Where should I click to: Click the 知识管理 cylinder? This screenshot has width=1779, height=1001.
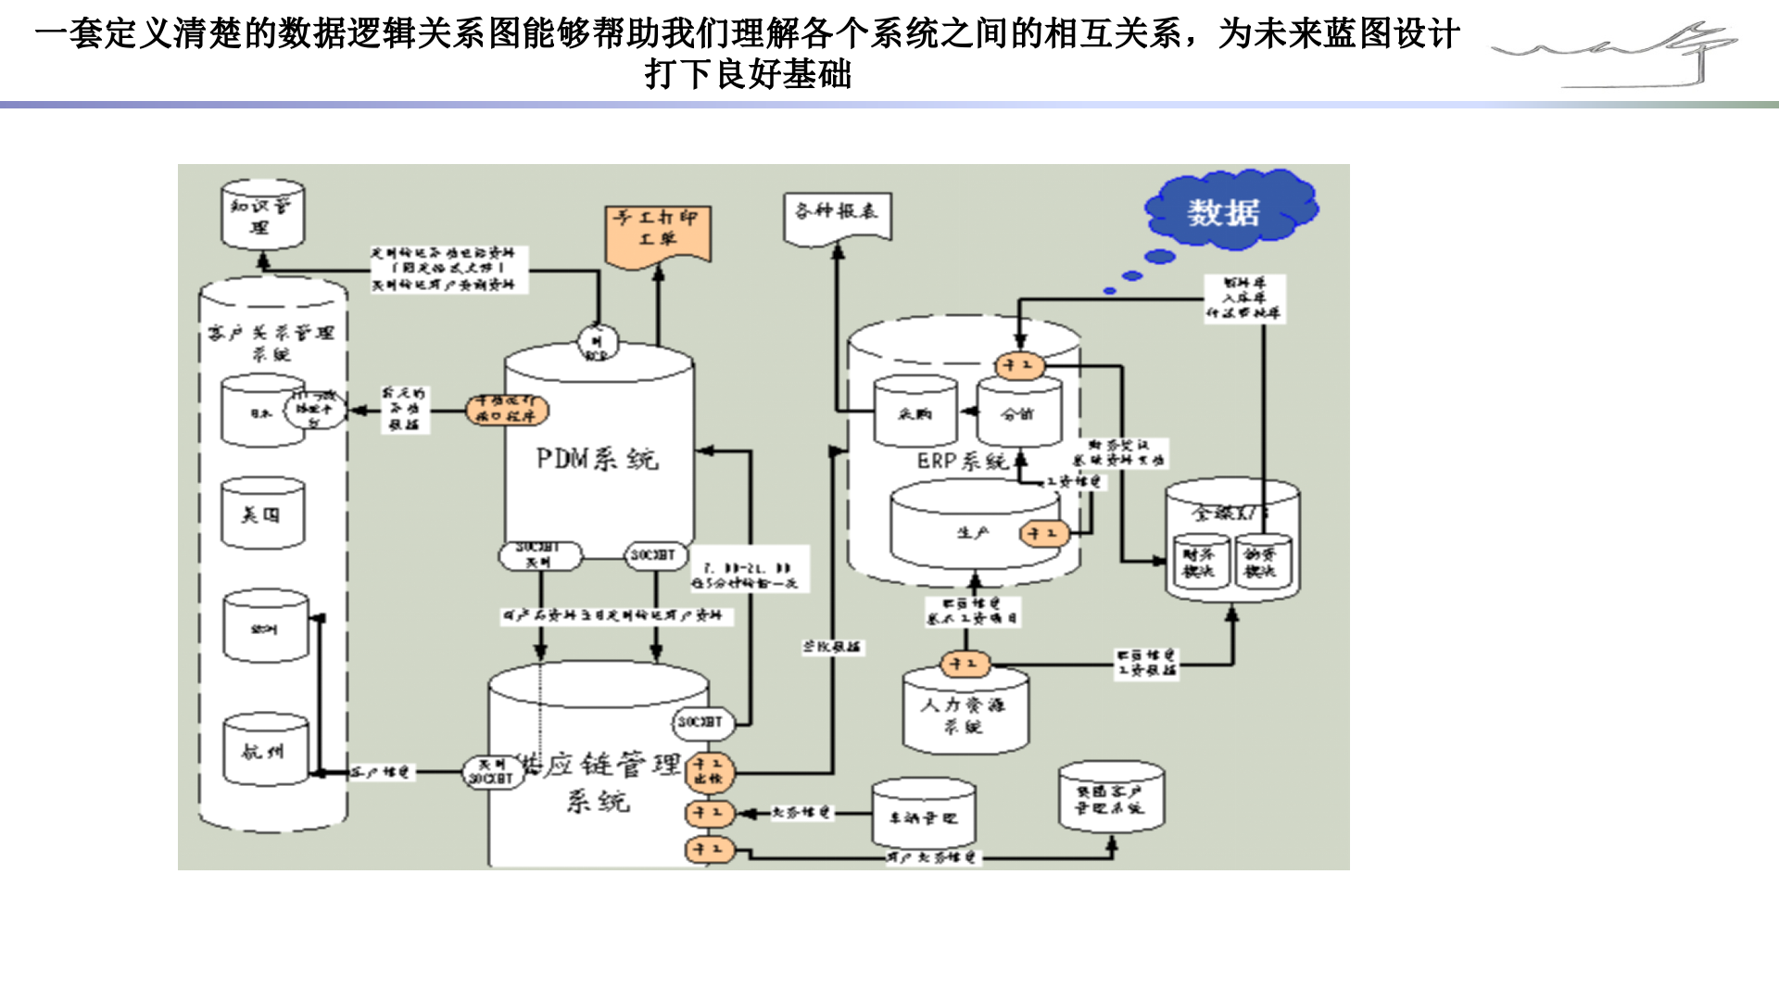click(x=263, y=216)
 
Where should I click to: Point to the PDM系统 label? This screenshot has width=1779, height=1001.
click(x=597, y=459)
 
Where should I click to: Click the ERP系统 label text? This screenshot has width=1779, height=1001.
click(x=962, y=461)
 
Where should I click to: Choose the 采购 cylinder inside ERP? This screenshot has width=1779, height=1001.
click(x=915, y=412)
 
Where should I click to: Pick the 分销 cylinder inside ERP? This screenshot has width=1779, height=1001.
click(x=1018, y=413)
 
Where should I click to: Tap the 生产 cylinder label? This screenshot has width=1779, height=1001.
click(x=972, y=533)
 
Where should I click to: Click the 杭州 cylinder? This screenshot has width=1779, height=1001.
click(x=265, y=751)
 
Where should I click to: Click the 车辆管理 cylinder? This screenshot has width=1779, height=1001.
click(x=923, y=816)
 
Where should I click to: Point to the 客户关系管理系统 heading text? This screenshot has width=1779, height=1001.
click(x=271, y=342)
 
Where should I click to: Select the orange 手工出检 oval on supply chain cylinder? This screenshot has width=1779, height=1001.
click(x=710, y=771)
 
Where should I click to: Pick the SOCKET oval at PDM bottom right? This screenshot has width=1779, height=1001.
click(x=655, y=554)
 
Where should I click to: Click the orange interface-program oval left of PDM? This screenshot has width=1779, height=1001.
click(x=507, y=409)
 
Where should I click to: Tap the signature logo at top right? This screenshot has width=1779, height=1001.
click(x=1618, y=55)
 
